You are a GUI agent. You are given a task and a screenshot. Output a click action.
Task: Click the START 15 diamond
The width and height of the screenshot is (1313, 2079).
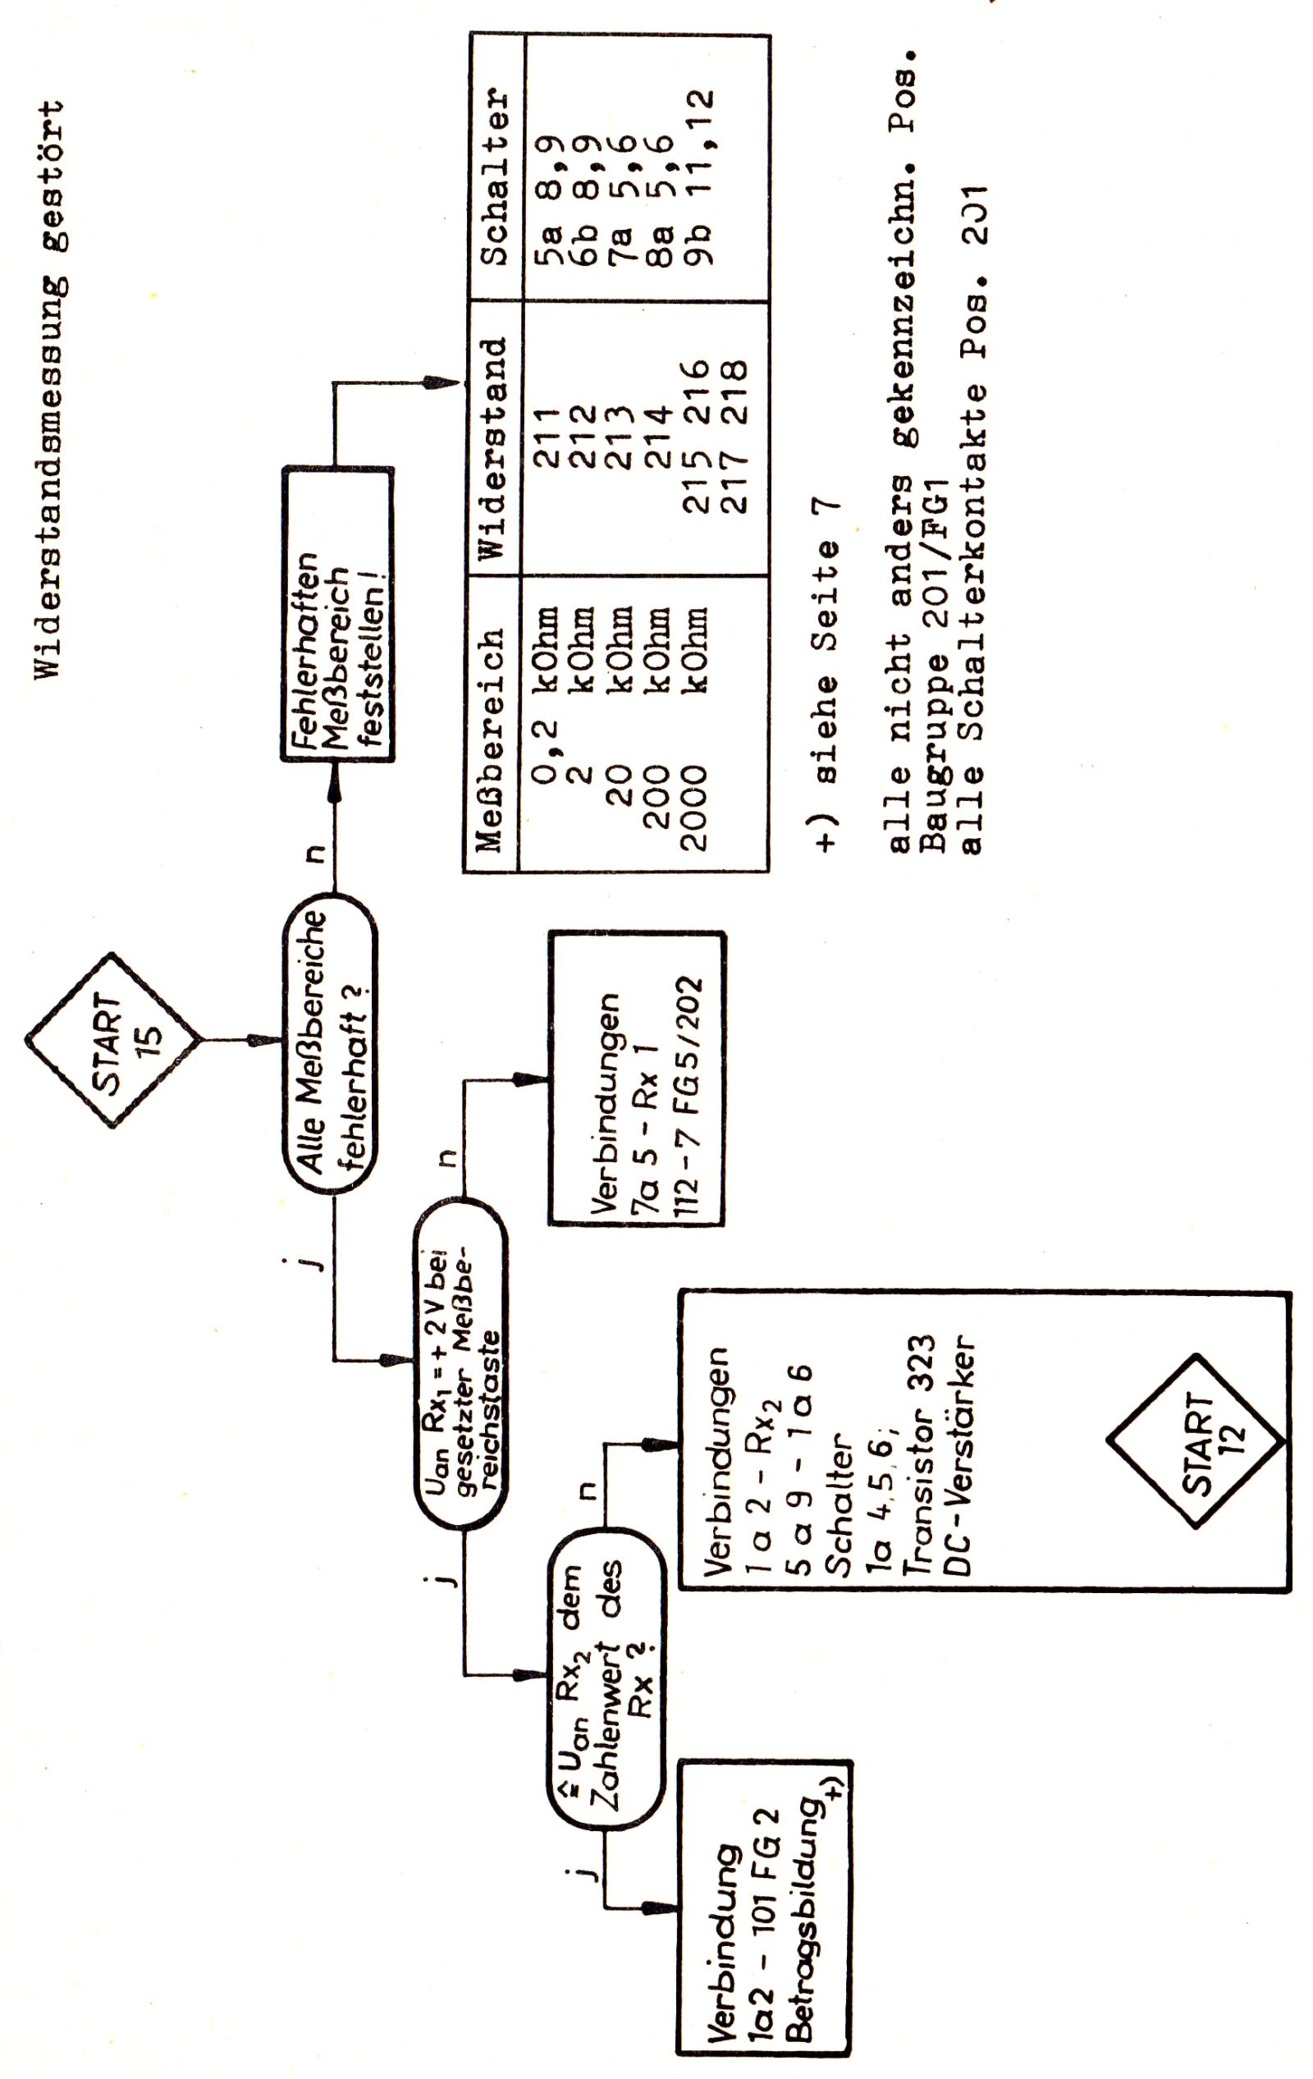pyautogui.click(x=113, y=1039)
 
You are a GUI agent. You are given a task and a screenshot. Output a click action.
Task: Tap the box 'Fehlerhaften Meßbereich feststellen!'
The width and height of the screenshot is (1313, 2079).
pyautogui.click(x=337, y=615)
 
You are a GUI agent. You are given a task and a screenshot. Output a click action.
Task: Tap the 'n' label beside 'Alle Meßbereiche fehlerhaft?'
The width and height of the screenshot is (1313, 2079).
pyautogui.click(x=315, y=855)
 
